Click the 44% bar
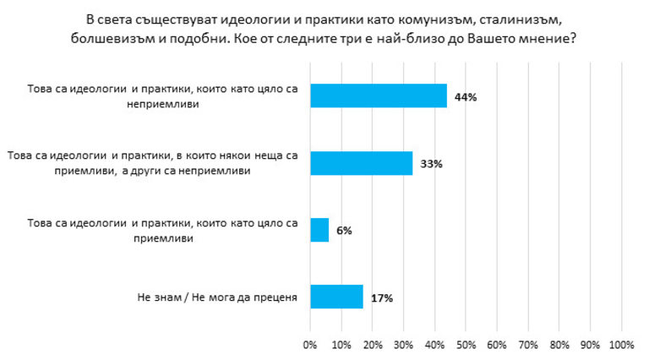pyautogui.click(x=378, y=96)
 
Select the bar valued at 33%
pyautogui.click(x=361, y=163)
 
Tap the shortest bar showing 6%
pyautogui.click(x=319, y=230)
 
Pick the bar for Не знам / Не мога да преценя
pyautogui.click(x=336, y=297)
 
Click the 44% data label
pyautogui.click(x=466, y=97)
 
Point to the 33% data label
pyautogui.click(x=431, y=164)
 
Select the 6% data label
pyautogui.click(x=344, y=231)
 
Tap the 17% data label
pyautogui.click(x=381, y=297)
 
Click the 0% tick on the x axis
pyautogui.click(x=310, y=345)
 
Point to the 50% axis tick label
pyautogui.click(x=466, y=345)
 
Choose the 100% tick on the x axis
pyautogui.click(x=620, y=345)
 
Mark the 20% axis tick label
pyautogui.click(x=373, y=345)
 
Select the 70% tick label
pyautogui.click(x=528, y=345)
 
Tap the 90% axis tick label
pyautogui.click(x=590, y=345)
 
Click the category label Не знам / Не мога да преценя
pyautogui.click(x=216, y=297)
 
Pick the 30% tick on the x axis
pyautogui.click(x=404, y=345)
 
